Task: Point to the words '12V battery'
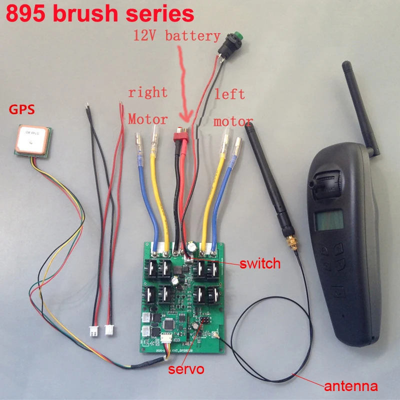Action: tap(176, 36)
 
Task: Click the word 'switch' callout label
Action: tap(260, 263)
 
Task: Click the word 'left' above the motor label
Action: tap(229, 93)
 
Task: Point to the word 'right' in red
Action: tap(147, 92)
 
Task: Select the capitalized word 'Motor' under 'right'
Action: tap(148, 119)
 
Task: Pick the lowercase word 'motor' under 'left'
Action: tap(233, 121)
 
